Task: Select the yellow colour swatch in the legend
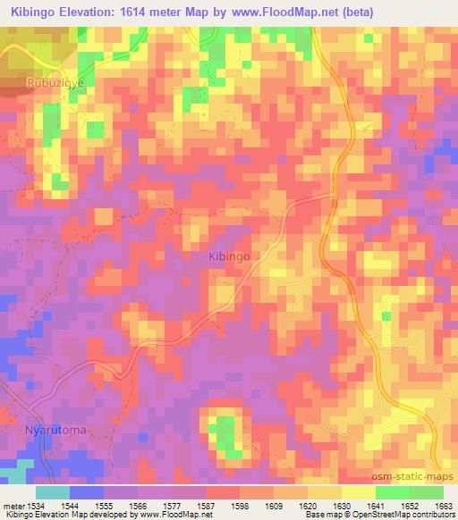pos(358,492)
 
